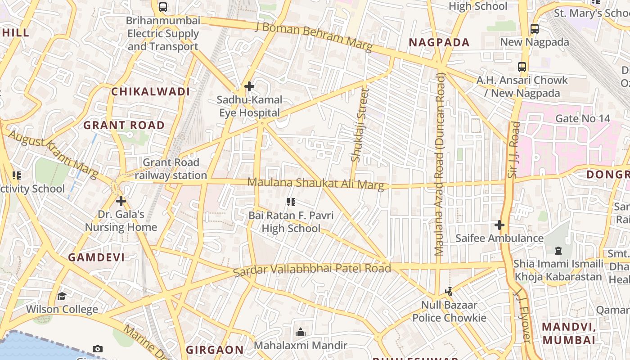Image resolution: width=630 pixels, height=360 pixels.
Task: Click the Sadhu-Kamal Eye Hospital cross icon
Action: tap(249, 86)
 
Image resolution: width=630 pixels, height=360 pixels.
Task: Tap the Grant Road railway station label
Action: tap(171, 169)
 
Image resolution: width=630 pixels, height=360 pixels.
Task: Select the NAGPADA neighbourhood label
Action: tap(439, 43)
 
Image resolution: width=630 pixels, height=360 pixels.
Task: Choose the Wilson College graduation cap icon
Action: tap(62, 296)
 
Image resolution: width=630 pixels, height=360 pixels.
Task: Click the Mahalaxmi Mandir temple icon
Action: tap(300, 333)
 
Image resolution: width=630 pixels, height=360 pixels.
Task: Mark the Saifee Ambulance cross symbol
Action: tap(499, 225)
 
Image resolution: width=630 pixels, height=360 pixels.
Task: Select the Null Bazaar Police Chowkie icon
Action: tap(449, 292)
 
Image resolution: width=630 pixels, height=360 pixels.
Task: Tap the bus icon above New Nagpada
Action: tap(534, 29)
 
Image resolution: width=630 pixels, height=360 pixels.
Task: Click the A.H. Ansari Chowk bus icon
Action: tap(522, 67)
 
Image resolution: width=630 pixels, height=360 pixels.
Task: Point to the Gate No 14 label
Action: tap(582, 119)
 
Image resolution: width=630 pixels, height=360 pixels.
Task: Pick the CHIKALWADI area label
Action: tap(151, 92)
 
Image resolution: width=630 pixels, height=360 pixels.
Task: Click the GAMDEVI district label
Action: tap(96, 257)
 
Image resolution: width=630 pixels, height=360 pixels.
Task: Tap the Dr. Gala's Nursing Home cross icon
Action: tap(121, 201)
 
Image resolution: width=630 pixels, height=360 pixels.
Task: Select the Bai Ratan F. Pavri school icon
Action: tap(291, 202)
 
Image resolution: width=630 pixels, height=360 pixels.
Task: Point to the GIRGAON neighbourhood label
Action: tap(215, 350)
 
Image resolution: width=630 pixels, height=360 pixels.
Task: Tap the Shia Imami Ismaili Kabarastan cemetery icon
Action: tap(558, 251)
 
